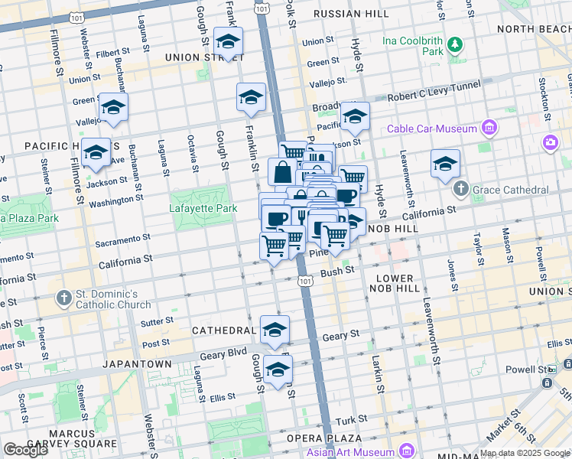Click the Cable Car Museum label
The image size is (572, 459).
coord(433,128)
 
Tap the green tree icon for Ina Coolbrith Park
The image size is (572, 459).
coord(455,44)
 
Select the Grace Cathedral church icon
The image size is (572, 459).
coord(460,189)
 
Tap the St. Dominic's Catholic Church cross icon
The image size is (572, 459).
coord(64,298)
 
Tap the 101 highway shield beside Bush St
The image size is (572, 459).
coord(305,282)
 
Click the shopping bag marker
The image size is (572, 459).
coord(282,171)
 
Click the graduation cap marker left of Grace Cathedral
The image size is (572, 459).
coord(445,164)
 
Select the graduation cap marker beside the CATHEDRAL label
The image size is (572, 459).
coord(275,330)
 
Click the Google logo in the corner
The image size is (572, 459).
coord(25,450)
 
